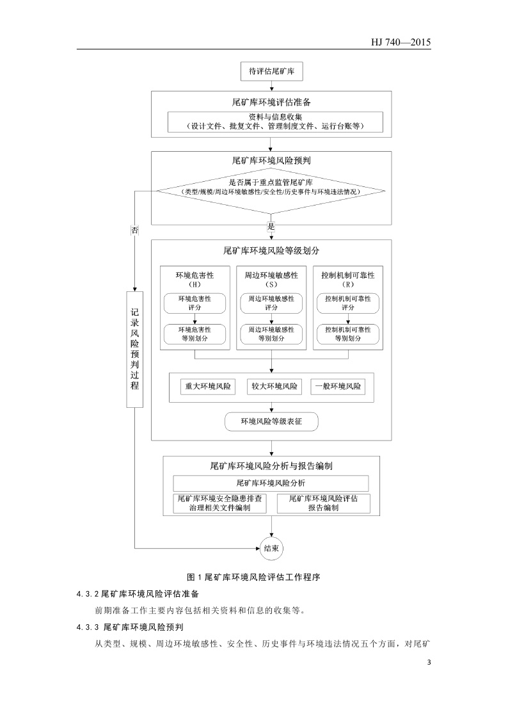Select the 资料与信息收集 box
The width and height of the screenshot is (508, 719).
coord(275,122)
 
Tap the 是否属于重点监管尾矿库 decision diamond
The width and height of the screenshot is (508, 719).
coord(271,188)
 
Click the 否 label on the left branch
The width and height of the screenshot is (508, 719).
coord(134,229)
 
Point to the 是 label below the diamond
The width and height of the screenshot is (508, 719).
coord(271,227)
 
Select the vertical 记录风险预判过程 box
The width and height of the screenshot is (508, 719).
coord(134,348)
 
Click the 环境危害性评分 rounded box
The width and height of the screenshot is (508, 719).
coord(194,303)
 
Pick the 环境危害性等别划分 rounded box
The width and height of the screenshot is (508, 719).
coord(194,334)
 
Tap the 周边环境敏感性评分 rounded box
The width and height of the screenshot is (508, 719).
coord(271,303)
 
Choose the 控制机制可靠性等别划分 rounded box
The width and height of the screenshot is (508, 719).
coord(348,334)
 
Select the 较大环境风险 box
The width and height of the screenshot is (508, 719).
coord(274,387)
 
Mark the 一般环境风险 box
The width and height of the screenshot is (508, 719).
coord(338,387)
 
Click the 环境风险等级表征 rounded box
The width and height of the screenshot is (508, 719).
coord(271,421)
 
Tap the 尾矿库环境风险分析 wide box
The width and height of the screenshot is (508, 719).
coord(271,483)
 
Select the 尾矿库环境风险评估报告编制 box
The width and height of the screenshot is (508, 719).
coord(323,503)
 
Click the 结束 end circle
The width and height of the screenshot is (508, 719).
coord(271,548)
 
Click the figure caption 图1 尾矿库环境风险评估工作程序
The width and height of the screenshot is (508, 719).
coord(253,577)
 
